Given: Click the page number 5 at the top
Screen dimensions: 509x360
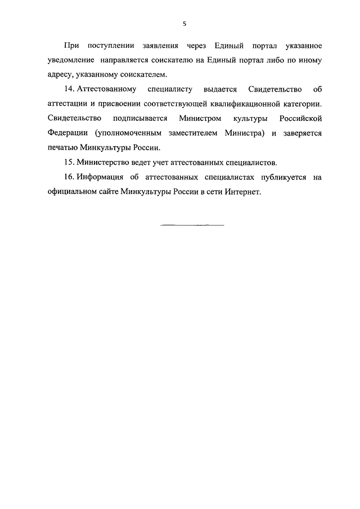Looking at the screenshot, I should click(x=184, y=24).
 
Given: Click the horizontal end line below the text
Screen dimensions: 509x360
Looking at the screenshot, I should click(x=192, y=225).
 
